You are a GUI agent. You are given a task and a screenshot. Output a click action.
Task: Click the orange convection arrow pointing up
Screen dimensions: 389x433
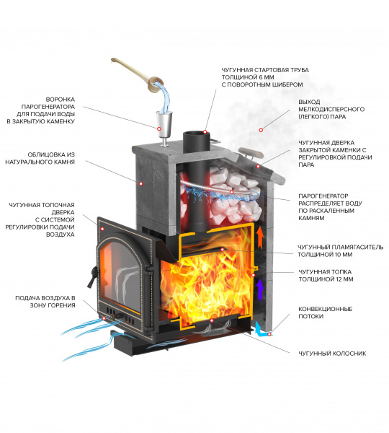click(x=259, y=238)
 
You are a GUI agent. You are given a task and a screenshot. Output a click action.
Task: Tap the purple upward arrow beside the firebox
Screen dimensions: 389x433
click(x=259, y=289)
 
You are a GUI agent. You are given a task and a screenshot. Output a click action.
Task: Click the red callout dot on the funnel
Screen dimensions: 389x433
click(x=159, y=128)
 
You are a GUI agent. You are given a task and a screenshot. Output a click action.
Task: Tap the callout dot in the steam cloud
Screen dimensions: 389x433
click(x=261, y=130)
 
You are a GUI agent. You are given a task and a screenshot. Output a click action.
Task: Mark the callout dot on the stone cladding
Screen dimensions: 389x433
click(x=140, y=183)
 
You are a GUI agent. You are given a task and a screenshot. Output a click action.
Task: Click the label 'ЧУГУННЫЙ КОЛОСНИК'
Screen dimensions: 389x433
click(x=332, y=354)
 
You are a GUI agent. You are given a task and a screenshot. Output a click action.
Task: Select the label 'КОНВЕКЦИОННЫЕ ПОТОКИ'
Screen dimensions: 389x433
click(x=326, y=312)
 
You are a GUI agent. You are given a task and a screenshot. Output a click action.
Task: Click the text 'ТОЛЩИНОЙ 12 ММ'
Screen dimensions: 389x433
click(x=326, y=279)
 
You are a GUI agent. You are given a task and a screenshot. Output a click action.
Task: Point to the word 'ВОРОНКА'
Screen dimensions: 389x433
click(x=61, y=100)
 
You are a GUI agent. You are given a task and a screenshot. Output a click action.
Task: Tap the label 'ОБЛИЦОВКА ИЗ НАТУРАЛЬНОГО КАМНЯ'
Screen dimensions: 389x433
click(x=40, y=158)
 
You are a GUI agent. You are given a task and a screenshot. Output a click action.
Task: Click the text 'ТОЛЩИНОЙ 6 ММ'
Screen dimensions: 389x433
click(x=248, y=77)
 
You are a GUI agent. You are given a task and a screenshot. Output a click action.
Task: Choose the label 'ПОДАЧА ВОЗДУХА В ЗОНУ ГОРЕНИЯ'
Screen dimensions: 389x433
click(x=45, y=302)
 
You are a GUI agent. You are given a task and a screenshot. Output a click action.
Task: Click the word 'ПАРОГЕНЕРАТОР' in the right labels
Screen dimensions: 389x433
click(x=323, y=196)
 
